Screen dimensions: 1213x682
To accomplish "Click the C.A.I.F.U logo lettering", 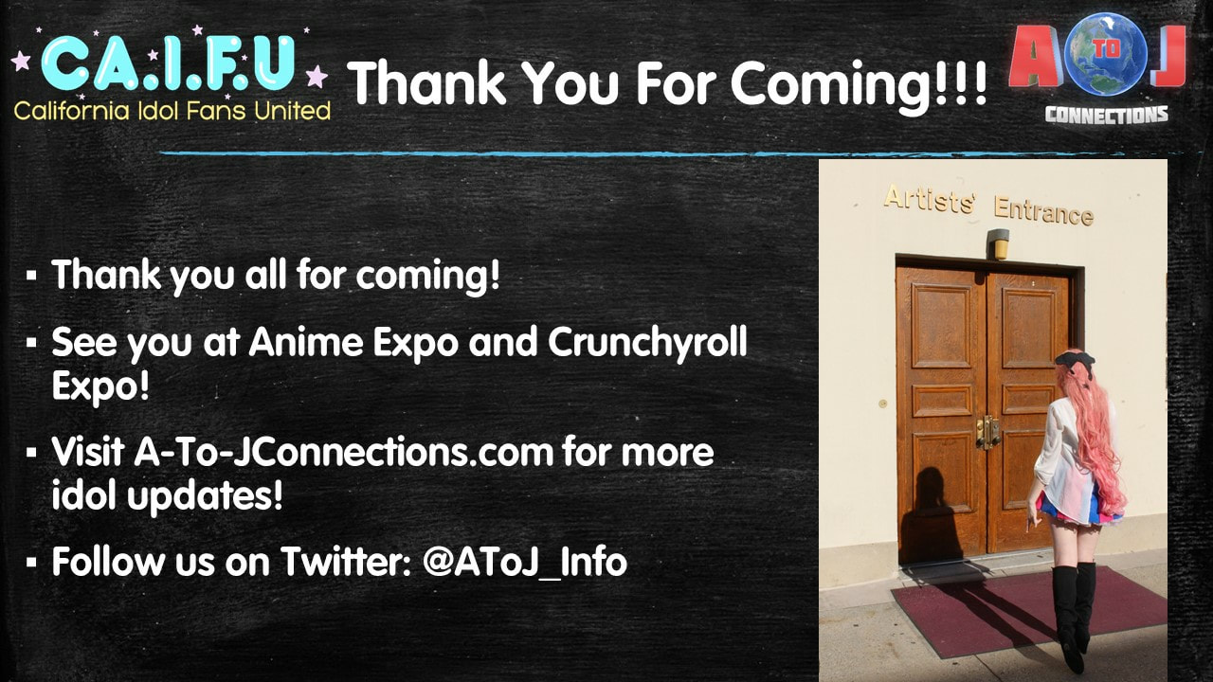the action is pos(169,63).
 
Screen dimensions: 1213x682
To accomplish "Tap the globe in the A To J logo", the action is pos(1105,54).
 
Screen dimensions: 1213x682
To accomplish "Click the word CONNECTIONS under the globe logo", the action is pos(1106,115).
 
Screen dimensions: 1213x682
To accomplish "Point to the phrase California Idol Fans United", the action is pos(172,111).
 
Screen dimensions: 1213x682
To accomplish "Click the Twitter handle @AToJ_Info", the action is pos(525,562).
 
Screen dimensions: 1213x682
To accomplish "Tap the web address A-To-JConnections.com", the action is pos(344,452).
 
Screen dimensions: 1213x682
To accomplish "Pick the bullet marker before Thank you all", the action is pos(31,275).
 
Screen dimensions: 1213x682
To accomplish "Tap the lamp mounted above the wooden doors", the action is pos(998,243).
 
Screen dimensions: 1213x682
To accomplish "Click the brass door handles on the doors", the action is pos(987,432).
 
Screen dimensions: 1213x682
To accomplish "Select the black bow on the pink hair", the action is pos(1075,361).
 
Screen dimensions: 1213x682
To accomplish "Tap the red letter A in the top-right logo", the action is pos(1035,57).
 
